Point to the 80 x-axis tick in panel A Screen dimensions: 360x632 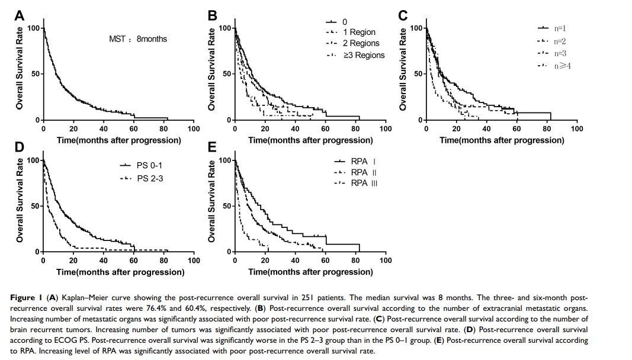(163, 128)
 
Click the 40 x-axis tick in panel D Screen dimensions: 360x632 (103, 261)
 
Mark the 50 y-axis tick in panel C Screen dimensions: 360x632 (417, 74)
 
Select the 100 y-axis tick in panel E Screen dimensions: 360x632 (224, 160)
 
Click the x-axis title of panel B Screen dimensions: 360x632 (310, 140)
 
